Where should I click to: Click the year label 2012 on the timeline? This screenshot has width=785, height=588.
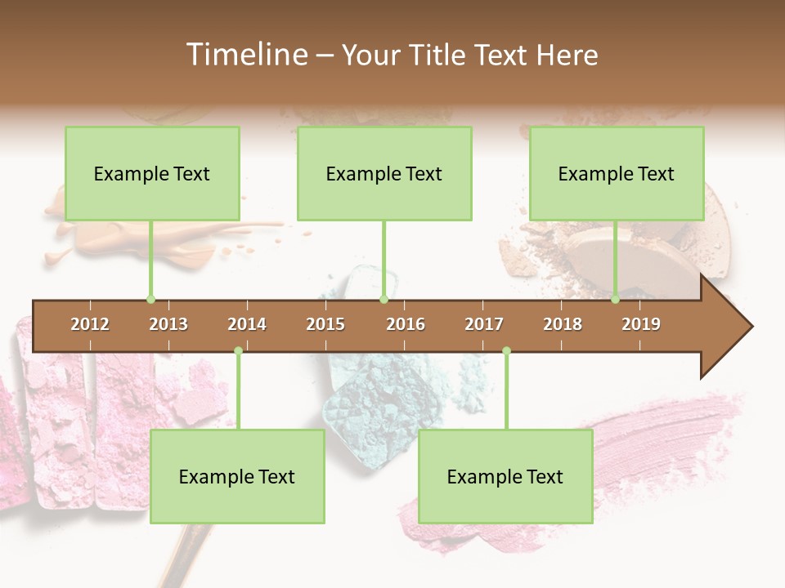[x=90, y=324]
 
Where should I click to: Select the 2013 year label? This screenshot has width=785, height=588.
[x=168, y=324]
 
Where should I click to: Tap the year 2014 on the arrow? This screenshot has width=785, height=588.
[x=247, y=324]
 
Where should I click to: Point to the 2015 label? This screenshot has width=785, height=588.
[x=325, y=324]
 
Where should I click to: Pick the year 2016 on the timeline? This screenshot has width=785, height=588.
[x=406, y=324]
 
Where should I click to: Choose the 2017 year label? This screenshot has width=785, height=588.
[x=484, y=324]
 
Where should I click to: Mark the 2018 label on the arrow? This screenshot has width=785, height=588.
[x=563, y=324]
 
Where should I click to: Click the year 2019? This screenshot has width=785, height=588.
[x=641, y=324]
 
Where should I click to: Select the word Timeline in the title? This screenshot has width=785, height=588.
[x=245, y=55]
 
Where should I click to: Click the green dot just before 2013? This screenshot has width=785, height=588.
[x=150, y=300]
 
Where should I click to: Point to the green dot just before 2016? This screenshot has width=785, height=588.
[x=384, y=300]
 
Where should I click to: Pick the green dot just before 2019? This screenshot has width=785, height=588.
[x=616, y=300]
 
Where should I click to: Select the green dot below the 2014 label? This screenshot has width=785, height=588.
[x=238, y=351]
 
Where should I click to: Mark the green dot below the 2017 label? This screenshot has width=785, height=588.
[x=506, y=351]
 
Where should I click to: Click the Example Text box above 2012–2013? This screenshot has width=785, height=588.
[x=152, y=173]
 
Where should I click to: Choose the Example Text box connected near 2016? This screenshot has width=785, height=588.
[x=384, y=173]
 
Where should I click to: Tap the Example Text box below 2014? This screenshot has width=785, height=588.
[x=237, y=476]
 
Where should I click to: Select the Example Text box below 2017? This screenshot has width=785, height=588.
[x=505, y=476]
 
